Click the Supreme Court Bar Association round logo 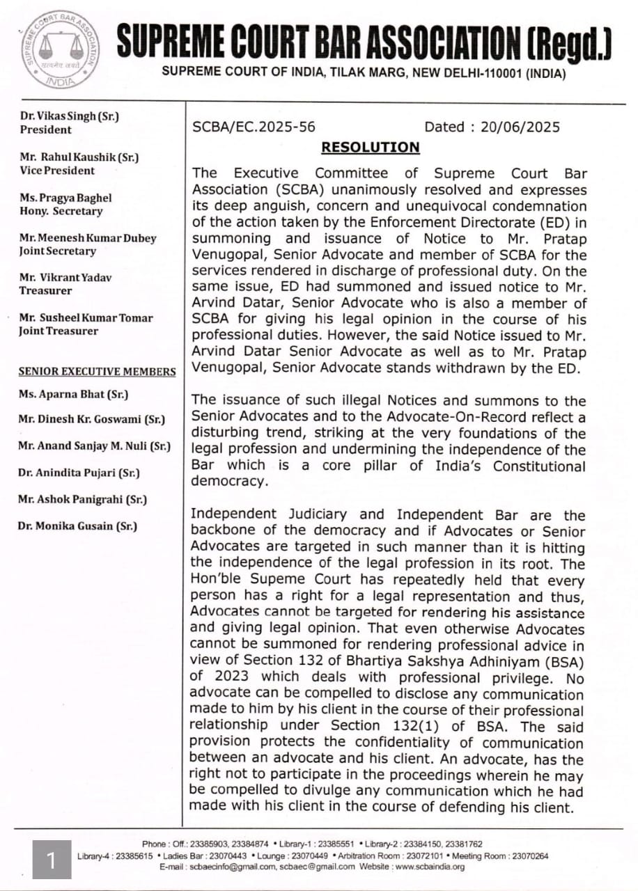(x=60, y=49)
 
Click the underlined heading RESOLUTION (x=370, y=148)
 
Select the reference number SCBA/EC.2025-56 (x=254, y=127)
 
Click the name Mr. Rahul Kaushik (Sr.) (x=79, y=157)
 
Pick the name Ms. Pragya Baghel (x=65, y=198)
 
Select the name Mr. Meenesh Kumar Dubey (x=88, y=238)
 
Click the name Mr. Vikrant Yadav (x=65, y=278)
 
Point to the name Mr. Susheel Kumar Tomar (x=86, y=318)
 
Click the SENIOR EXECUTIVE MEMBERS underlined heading (x=97, y=372)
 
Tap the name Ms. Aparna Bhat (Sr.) (x=73, y=395)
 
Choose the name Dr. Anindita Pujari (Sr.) (x=79, y=473)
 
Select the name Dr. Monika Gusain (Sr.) (x=77, y=526)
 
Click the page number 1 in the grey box (x=52, y=860)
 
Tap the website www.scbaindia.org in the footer (x=430, y=867)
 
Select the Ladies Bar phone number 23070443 (x=227, y=855)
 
